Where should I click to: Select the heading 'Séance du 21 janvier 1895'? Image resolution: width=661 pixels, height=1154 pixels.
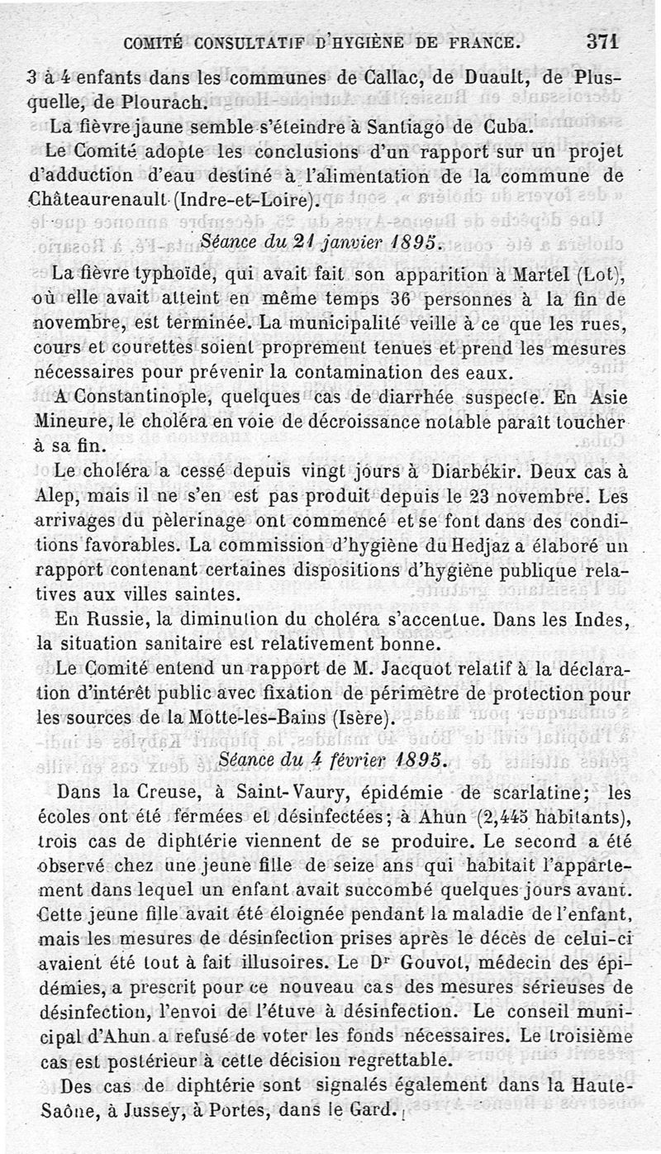pyautogui.click(x=323, y=241)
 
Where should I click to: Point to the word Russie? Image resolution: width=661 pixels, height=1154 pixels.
pyautogui.click(x=108, y=619)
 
